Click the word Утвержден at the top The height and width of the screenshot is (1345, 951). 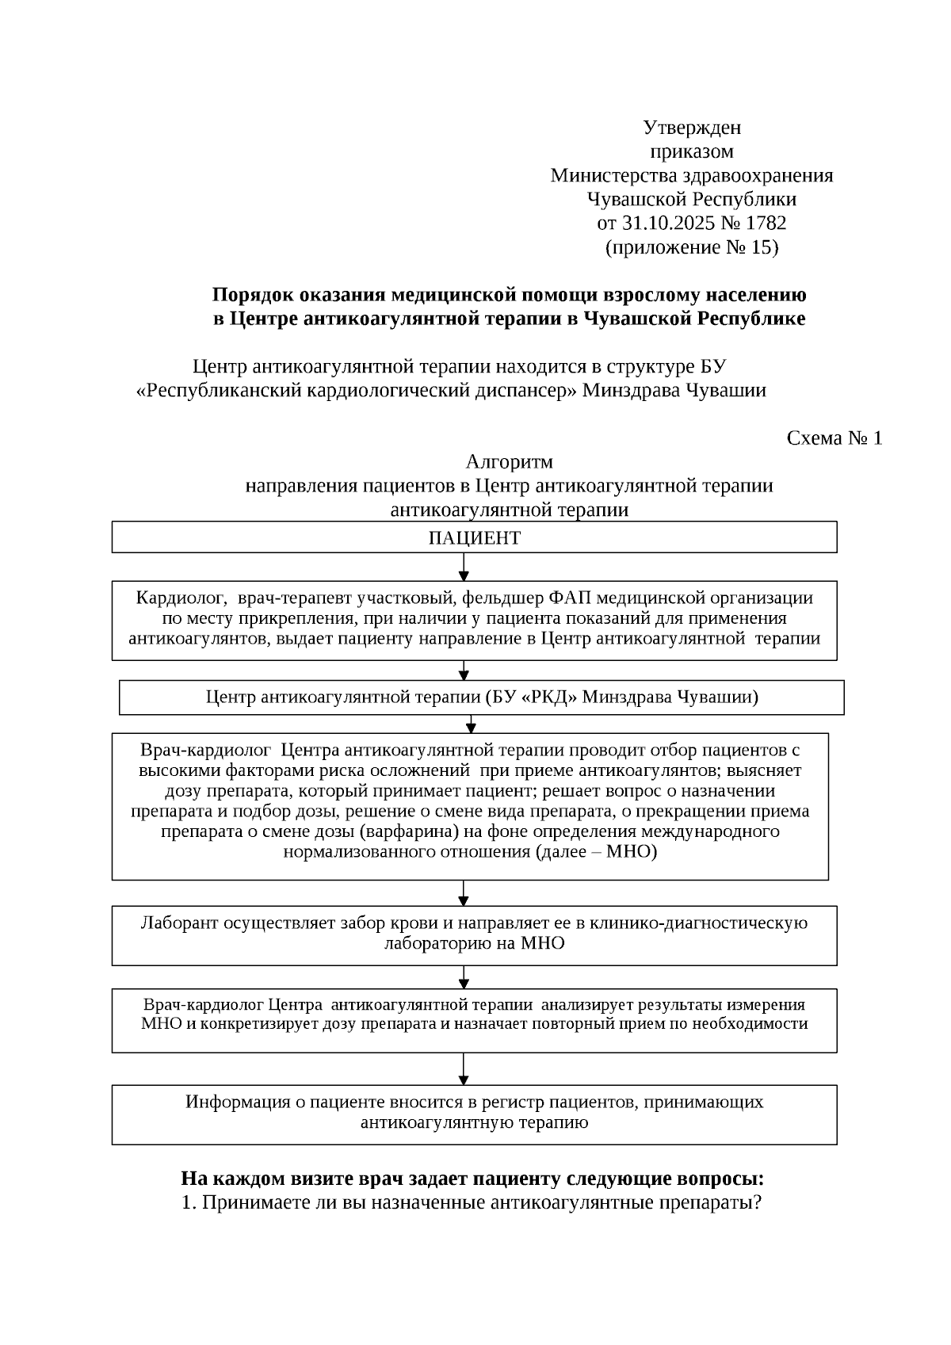click(x=691, y=128)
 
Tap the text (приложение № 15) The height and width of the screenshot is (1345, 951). click(x=692, y=247)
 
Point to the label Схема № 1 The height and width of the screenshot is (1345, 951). click(x=834, y=438)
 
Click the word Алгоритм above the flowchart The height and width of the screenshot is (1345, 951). click(x=509, y=462)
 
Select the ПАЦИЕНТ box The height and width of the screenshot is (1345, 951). click(x=474, y=538)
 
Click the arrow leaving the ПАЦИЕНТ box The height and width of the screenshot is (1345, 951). click(x=464, y=567)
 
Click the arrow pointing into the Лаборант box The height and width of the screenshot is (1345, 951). click(x=464, y=894)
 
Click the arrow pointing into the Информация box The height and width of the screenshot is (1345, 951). click(x=464, y=1069)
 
